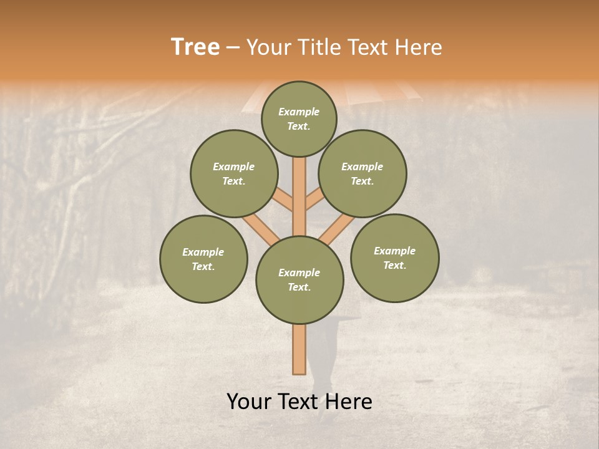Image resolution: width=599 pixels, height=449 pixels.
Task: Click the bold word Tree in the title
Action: tap(195, 47)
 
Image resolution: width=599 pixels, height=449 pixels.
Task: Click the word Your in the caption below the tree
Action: tap(250, 402)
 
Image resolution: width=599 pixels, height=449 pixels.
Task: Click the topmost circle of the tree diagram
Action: tap(299, 118)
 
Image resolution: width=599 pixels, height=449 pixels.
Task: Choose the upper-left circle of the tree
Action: tap(234, 173)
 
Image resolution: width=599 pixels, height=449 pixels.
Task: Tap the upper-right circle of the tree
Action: tap(363, 173)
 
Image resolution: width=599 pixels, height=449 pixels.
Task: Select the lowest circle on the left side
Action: tap(203, 259)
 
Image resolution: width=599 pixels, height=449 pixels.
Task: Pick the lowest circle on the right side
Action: tap(394, 258)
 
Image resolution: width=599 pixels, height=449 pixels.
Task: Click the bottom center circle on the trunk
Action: tap(299, 280)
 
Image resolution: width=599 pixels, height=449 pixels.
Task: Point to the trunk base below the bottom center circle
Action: tap(299, 349)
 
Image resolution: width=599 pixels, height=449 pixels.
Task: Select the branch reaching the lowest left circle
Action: tap(260, 227)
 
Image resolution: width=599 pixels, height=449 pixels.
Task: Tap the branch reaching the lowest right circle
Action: tap(337, 227)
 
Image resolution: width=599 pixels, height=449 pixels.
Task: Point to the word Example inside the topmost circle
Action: tap(299, 112)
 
